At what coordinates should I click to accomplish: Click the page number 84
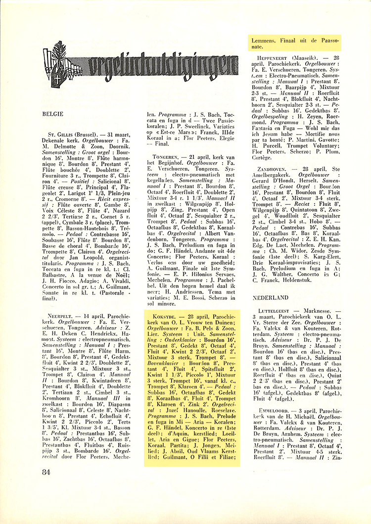(x=48, y=472)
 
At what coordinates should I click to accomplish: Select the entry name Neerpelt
(x=62, y=315)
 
